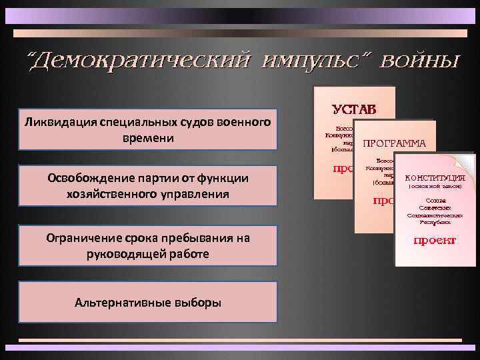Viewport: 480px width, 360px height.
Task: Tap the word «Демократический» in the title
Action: coord(136,62)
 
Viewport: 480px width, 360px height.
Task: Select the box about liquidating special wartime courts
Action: coord(147,129)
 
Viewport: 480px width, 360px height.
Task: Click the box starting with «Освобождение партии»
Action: coord(147,186)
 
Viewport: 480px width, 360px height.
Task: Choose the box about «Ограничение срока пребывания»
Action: coord(147,245)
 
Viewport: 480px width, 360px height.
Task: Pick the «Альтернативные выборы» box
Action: coord(147,302)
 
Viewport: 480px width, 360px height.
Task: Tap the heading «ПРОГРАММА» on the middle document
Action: coord(394,142)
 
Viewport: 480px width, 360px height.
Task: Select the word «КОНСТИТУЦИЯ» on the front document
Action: coord(435,177)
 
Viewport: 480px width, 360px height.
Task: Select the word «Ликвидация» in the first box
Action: coord(57,122)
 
